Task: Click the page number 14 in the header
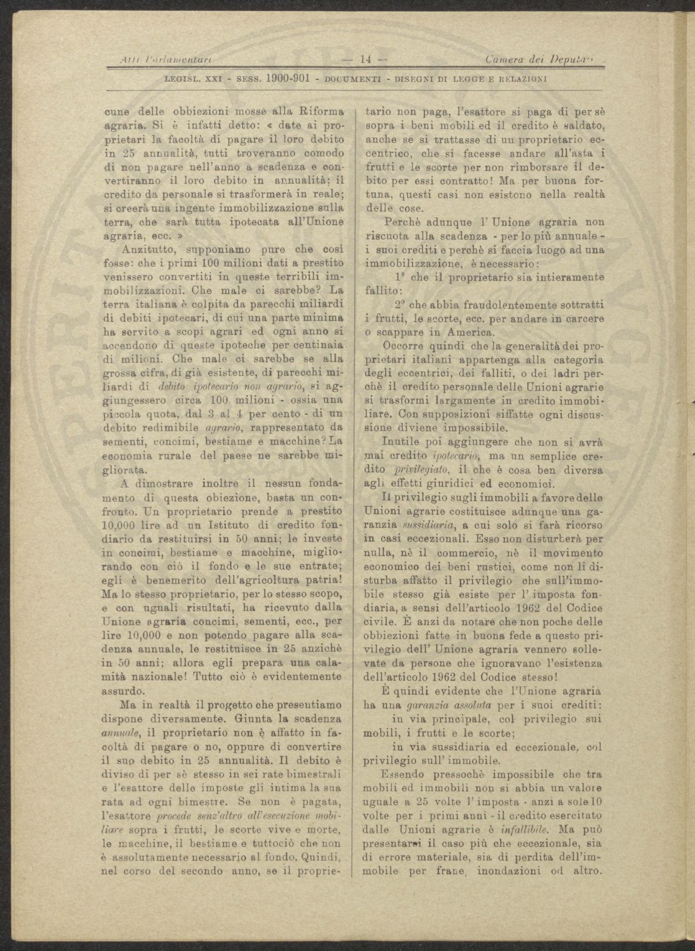(365, 59)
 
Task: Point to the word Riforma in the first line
(321, 110)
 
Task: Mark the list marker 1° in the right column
(399, 276)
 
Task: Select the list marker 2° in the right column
(399, 304)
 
